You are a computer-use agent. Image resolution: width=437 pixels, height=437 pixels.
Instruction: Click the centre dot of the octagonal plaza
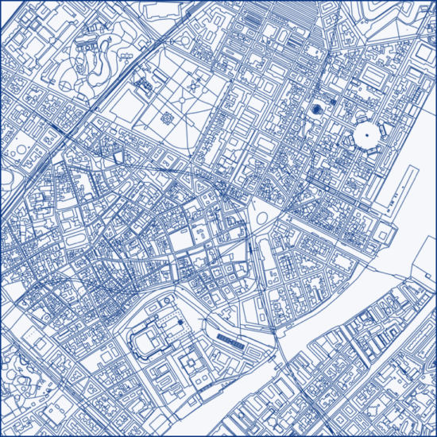367,135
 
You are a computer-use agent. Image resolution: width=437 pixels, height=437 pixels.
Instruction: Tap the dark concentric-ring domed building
316,109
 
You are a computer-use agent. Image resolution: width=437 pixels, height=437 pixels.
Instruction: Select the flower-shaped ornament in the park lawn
168,118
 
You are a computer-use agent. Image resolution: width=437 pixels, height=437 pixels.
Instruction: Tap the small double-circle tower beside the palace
180,321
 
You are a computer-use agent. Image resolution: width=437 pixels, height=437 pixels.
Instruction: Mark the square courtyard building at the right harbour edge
385,232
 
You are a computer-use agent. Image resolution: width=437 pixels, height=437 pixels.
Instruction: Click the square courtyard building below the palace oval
191,365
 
